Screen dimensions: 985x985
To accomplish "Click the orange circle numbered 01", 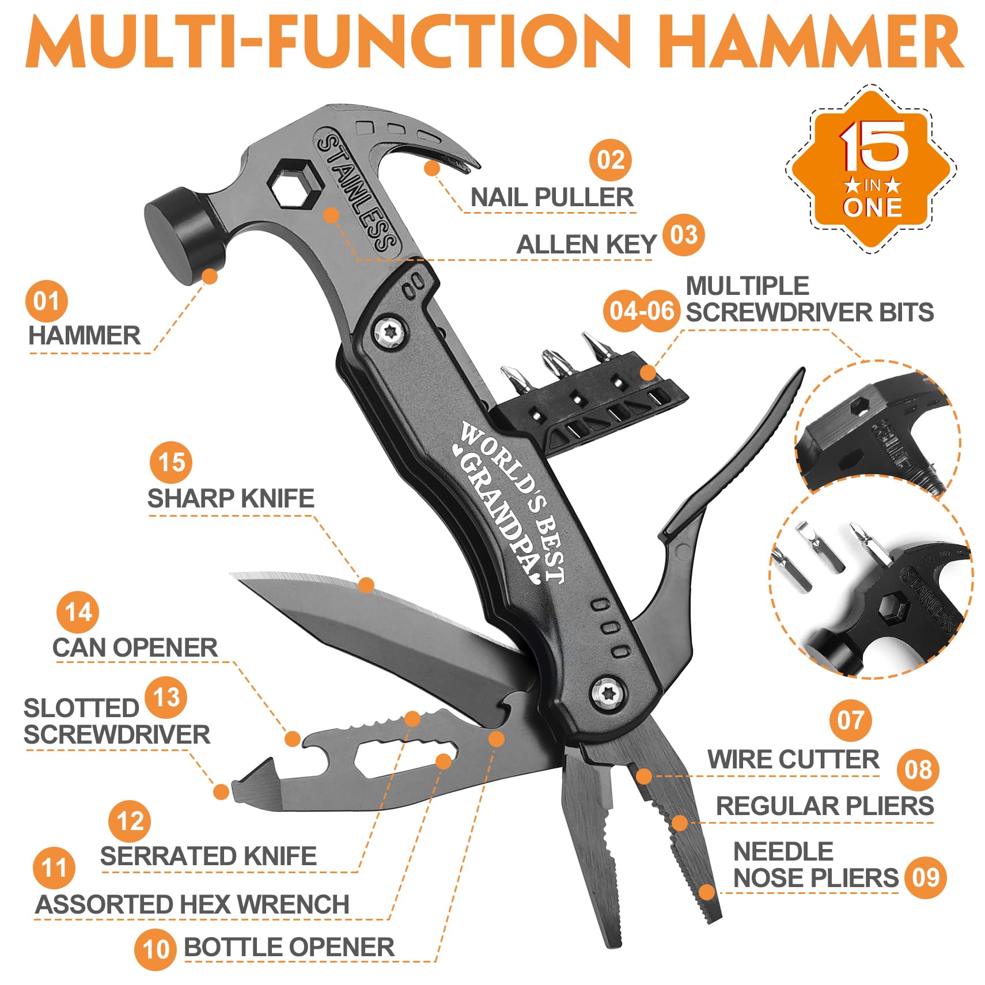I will tap(46, 301).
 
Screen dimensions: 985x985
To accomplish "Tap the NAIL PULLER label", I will tap(551, 198).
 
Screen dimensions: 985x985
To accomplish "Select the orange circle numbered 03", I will tap(683, 234).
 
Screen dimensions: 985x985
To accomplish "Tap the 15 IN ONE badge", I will tap(872, 168).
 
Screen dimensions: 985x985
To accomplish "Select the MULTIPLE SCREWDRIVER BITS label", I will tap(809, 299).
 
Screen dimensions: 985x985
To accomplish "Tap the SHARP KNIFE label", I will tap(230, 498).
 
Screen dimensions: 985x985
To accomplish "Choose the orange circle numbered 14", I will tap(78, 612).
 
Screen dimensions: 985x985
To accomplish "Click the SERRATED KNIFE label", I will tap(208, 855).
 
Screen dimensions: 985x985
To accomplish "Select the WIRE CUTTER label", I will tap(793, 759).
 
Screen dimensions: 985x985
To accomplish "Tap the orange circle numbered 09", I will tap(925, 877).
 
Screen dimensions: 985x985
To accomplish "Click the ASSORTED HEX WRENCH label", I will tap(192, 904).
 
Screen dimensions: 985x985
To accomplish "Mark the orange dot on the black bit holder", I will tap(648, 372).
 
